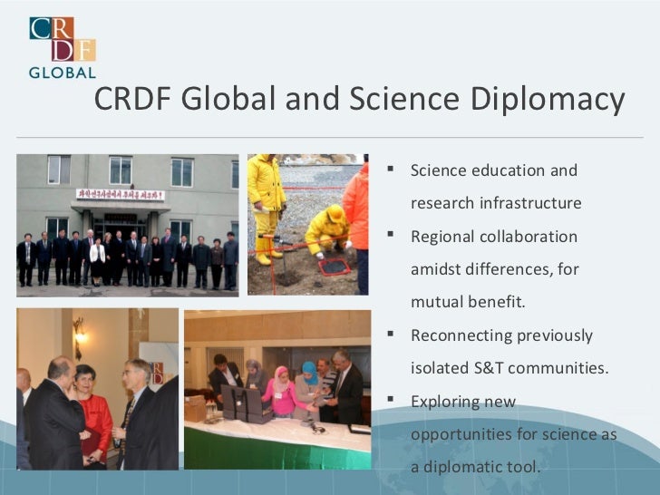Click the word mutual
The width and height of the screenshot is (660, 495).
(438, 302)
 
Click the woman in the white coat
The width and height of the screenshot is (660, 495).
(97, 257)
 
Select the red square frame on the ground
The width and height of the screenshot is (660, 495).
(335, 266)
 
